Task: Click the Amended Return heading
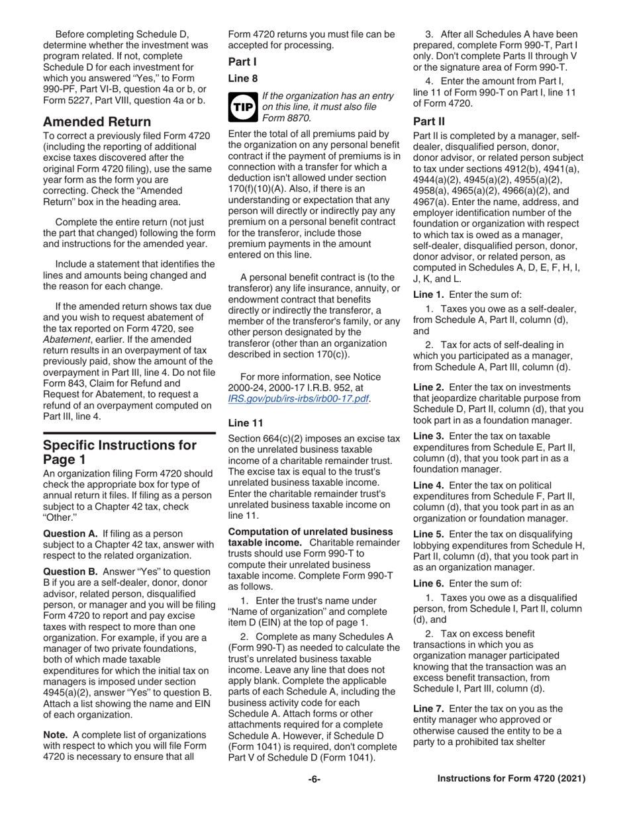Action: pyautogui.click(x=97, y=122)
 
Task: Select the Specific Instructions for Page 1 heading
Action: pyautogui.click(x=119, y=453)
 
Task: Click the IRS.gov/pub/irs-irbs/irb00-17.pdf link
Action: pyautogui.click(x=298, y=398)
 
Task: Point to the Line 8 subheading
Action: pyautogui.click(x=243, y=78)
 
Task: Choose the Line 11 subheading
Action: pyautogui.click(x=246, y=422)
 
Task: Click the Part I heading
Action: pyautogui.click(x=242, y=62)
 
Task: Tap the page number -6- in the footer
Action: pyautogui.click(x=314, y=779)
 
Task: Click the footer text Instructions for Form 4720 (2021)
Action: pyautogui.click(x=512, y=779)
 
